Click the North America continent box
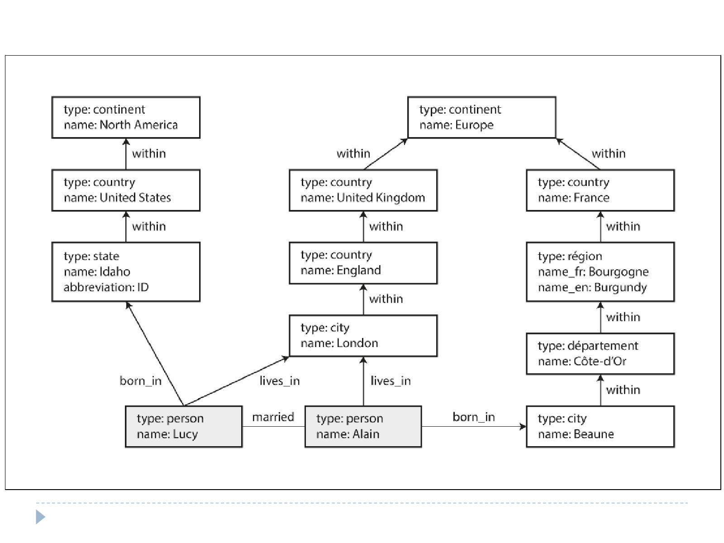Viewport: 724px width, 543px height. [126, 117]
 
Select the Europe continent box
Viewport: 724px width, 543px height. [481, 117]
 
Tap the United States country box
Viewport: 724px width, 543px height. [126, 190]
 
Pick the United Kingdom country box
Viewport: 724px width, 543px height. [363, 190]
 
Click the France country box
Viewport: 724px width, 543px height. [600, 190]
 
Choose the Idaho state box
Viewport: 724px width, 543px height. [126, 272]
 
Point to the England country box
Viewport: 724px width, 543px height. [363, 263]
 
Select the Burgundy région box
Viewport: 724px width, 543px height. [600, 272]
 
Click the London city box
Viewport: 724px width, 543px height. [363, 336]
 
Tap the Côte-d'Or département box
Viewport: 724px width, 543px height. [600, 354]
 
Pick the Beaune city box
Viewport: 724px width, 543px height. [600, 427]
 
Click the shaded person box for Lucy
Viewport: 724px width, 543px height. [184, 427]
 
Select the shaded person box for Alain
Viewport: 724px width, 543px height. [363, 427]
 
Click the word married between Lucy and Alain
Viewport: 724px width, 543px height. [273, 417]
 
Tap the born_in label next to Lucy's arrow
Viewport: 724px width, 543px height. [141, 381]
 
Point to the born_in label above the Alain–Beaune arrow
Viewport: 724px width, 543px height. [474, 417]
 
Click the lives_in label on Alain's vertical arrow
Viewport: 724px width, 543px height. [391, 381]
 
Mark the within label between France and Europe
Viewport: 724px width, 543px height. [609, 154]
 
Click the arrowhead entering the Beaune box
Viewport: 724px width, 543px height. [523, 427]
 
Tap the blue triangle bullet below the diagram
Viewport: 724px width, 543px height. [40, 517]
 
